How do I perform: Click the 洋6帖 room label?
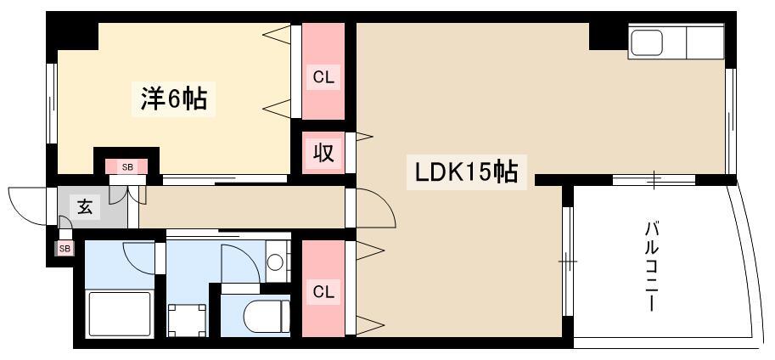tap(173, 98)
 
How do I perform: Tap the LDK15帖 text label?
tap(466, 172)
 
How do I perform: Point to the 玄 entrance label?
tap(85, 206)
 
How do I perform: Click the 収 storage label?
tap(323, 152)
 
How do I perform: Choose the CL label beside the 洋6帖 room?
tap(323, 77)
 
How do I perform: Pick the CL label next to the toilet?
tap(323, 292)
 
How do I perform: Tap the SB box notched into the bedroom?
tap(127, 166)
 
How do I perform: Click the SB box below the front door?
tap(65, 248)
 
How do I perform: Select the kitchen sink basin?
tap(647, 43)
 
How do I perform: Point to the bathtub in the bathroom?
tap(119, 314)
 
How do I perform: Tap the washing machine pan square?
tap(187, 320)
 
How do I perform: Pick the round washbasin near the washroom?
tap(275, 262)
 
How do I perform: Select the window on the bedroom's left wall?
tap(51, 104)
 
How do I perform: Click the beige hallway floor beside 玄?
tap(242, 207)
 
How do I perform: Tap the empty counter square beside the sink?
tap(705, 42)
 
